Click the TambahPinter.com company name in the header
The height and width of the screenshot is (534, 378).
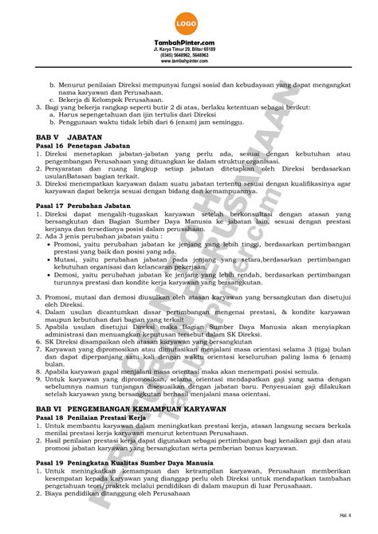tap(188, 41)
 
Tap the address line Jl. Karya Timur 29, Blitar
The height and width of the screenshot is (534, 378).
tap(188, 49)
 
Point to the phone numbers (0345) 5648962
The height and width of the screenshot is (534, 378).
tap(188, 54)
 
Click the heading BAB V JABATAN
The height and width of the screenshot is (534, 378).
tap(64, 137)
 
